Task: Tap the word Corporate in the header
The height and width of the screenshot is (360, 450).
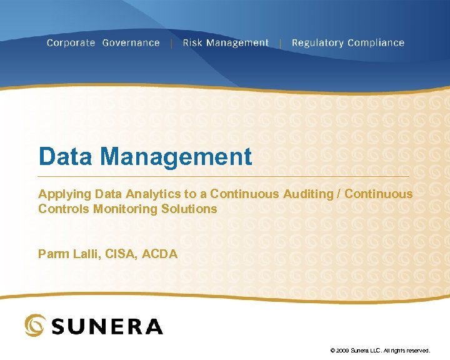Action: [x=71, y=43]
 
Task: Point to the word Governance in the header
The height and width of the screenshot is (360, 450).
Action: [x=131, y=43]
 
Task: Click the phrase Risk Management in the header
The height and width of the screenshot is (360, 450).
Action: [x=225, y=43]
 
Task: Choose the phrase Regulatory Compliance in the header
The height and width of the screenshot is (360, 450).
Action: [x=347, y=43]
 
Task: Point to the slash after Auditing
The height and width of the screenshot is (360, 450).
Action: [x=339, y=194]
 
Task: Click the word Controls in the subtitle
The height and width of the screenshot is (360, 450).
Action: [x=64, y=209]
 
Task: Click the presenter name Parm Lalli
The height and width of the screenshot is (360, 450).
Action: [x=63, y=254]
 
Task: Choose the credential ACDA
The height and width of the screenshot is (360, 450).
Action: [x=159, y=254]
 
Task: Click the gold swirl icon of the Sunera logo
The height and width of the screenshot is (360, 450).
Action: [x=34, y=325]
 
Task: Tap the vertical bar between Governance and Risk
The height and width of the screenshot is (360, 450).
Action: [x=171, y=43]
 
